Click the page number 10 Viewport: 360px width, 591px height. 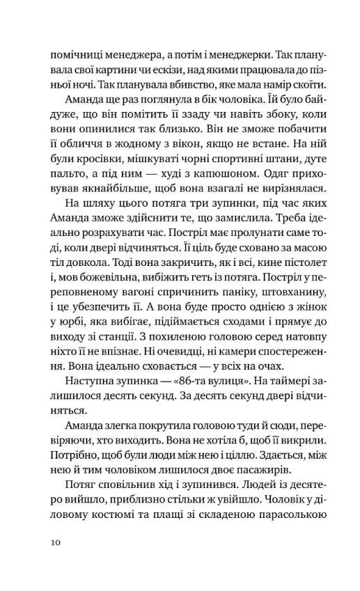click(x=56, y=541)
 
